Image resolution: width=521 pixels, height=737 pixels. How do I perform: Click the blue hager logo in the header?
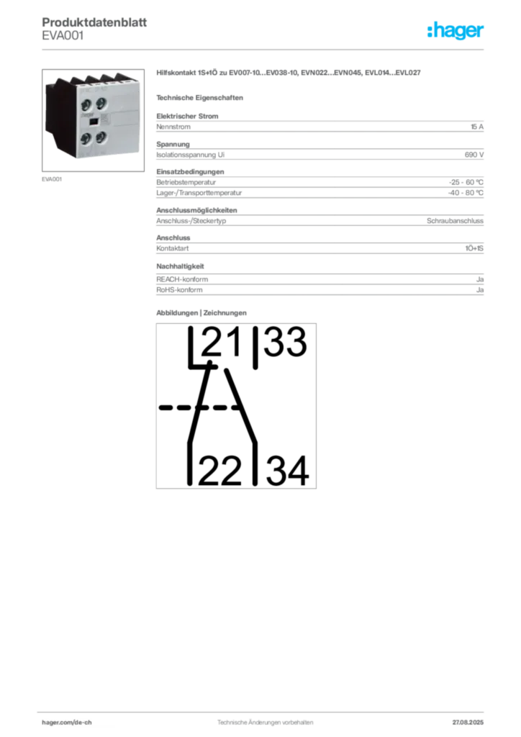click(x=456, y=31)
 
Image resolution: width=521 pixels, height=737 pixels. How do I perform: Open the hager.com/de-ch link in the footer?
click(x=72, y=720)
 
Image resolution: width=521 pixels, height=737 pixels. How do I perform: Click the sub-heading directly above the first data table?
click(x=201, y=97)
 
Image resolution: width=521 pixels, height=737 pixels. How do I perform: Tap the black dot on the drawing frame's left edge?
click(x=160, y=408)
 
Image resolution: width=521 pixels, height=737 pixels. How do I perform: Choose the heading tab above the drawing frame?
click(x=201, y=312)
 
